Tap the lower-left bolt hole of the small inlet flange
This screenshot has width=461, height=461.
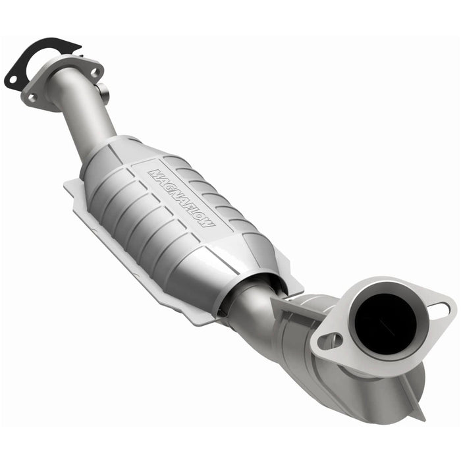coord(31,97)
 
